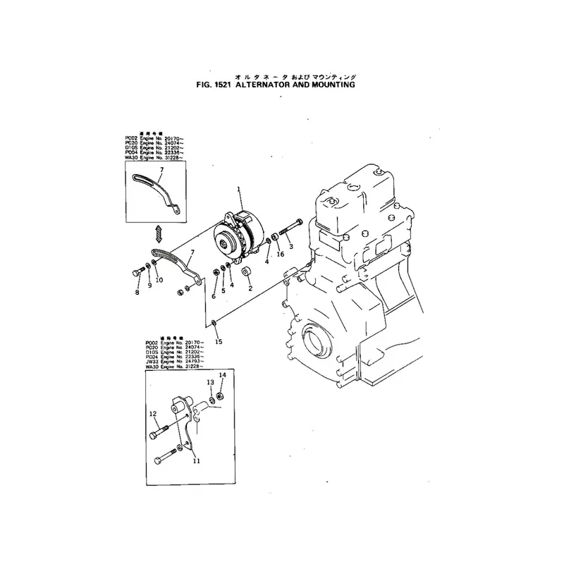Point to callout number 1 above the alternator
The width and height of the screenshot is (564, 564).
pos(239,189)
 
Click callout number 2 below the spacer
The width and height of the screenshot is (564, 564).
pos(250,288)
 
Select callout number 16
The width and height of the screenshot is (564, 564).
pos(280,254)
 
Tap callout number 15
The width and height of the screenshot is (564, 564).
pos(219,341)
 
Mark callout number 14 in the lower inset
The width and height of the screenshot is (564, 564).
pos(222,375)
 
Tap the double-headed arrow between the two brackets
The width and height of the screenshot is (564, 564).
pos(159,232)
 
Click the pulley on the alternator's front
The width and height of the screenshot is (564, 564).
pos(225,244)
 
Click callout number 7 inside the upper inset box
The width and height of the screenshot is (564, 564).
pos(161,171)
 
